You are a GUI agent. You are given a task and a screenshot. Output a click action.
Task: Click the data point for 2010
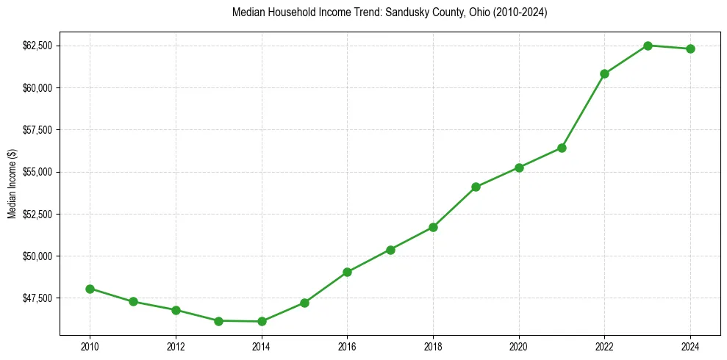click(90, 289)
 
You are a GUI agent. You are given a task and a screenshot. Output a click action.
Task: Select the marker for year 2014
click(262, 321)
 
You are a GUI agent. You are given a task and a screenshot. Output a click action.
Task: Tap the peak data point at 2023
click(648, 46)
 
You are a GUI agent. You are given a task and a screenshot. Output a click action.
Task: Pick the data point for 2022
click(604, 73)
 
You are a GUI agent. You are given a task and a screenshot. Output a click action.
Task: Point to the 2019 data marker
click(476, 187)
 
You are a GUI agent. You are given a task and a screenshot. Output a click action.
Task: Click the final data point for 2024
click(690, 48)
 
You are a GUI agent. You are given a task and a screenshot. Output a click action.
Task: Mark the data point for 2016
click(347, 272)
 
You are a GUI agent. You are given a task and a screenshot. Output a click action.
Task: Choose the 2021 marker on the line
click(562, 148)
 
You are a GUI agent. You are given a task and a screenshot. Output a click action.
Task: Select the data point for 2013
click(218, 320)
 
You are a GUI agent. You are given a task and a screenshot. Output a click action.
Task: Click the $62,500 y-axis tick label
click(37, 46)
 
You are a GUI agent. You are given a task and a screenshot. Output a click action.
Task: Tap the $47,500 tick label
click(37, 298)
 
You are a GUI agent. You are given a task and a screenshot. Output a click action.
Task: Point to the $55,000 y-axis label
click(37, 172)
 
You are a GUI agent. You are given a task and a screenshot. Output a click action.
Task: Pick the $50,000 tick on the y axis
click(37, 256)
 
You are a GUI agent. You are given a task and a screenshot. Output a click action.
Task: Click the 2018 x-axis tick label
click(433, 347)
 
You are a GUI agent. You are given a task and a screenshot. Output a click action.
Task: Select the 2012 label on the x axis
click(176, 347)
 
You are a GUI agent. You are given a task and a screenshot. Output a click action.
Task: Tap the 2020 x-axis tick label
click(519, 347)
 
